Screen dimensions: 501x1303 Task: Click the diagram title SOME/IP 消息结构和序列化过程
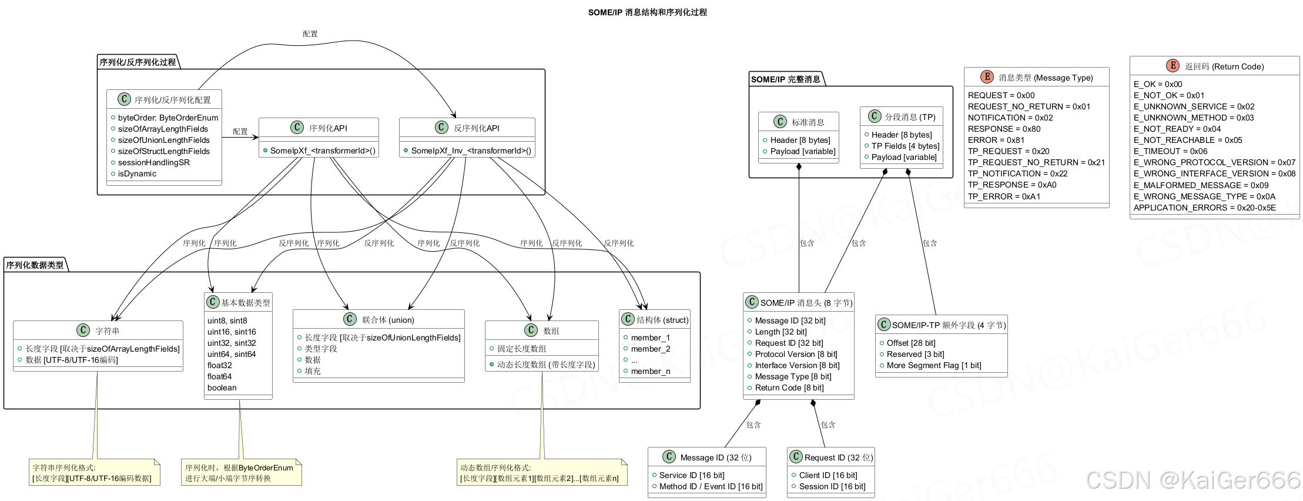[x=647, y=12]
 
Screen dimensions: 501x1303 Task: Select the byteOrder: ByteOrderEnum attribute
[x=168, y=118]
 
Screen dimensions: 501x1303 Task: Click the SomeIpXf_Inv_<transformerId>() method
[x=471, y=151]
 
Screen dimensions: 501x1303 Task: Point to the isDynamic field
[x=137, y=173]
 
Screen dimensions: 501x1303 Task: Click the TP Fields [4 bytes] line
[x=905, y=146]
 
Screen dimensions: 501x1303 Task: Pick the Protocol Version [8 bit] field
[x=796, y=354]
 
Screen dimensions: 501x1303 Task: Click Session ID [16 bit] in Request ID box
[x=832, y=486]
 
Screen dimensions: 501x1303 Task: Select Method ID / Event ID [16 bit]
[x=711, y=486]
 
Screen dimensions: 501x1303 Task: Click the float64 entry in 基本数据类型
[x=219, y=376]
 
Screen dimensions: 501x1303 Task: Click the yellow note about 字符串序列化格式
[x=94, y=473]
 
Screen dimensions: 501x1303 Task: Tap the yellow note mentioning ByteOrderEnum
[x=241, y=473]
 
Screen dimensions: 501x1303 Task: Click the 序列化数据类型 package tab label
[x=35, y=265]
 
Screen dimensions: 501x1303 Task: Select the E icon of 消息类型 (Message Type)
[x=987, y=77]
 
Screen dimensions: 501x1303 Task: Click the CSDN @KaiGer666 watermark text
[x=1193, y=480]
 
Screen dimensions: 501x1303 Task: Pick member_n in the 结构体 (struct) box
[x=650, y=371]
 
